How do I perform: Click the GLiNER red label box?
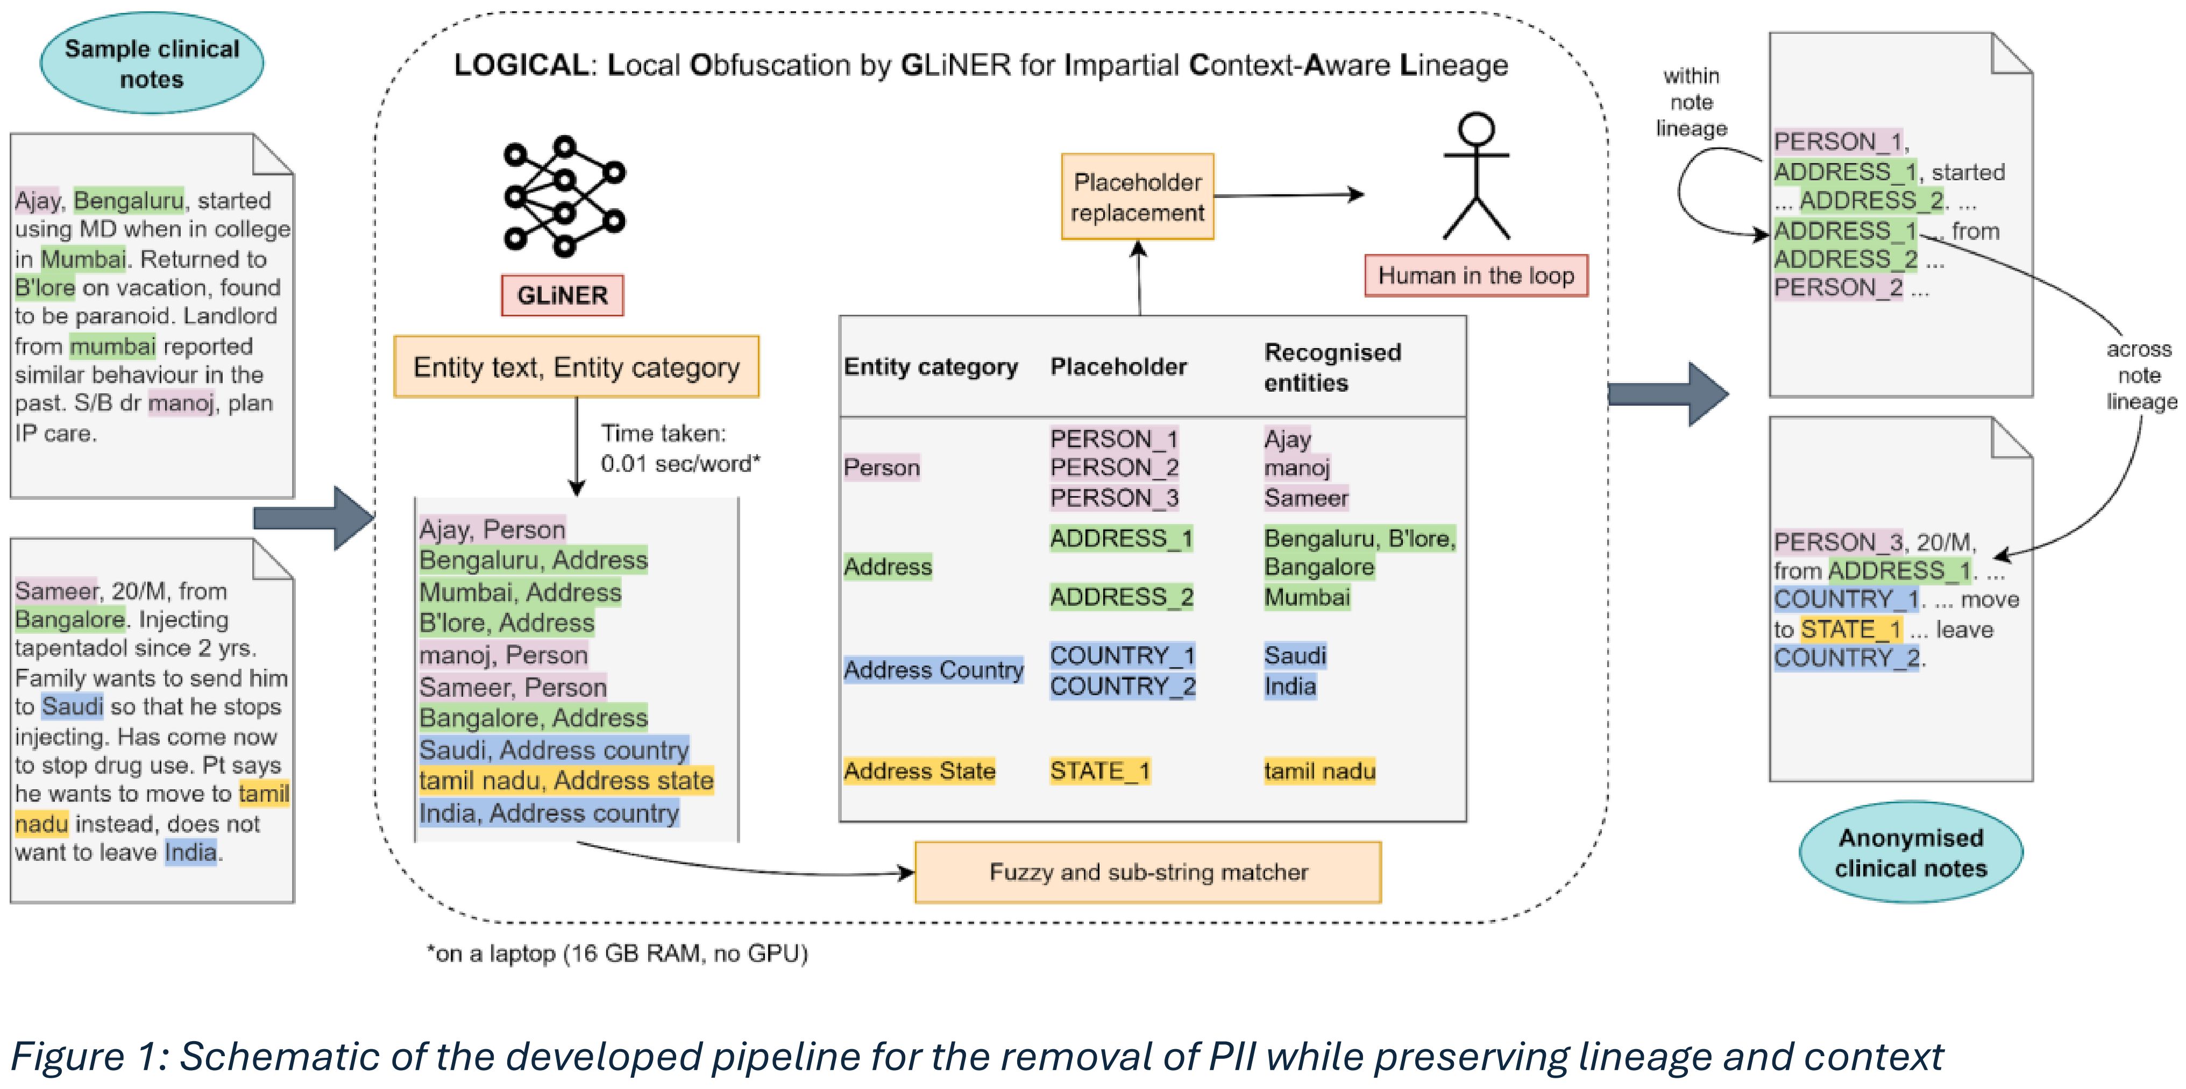point(562,295)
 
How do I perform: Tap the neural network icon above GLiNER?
point(564,196)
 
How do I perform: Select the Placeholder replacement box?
point(1137,197)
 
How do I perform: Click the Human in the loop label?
point(1476,276)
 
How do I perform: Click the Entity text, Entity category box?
point(576,367)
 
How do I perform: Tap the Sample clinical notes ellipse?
point(152,63)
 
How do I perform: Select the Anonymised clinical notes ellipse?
point(1911,852)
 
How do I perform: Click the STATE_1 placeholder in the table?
point(1100,770)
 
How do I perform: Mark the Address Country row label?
point(933,670)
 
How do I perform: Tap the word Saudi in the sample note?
point(73,706)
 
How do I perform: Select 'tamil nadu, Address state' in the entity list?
point(566,781)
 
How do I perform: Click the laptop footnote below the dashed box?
point(617,954)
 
